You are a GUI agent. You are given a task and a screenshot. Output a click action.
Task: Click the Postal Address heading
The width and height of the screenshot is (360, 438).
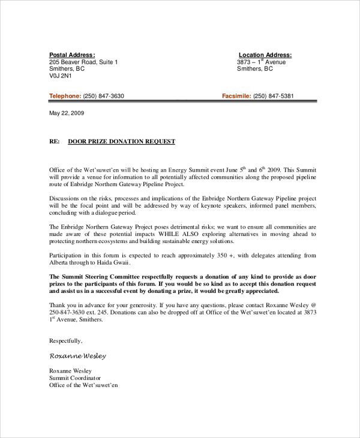pos(71,55)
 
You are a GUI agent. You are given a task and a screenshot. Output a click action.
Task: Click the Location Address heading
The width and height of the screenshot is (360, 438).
pos(265,55)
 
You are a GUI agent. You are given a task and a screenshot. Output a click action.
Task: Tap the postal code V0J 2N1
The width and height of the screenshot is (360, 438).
pos(61,76)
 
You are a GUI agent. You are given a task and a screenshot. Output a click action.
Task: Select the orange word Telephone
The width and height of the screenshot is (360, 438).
pos(65,96)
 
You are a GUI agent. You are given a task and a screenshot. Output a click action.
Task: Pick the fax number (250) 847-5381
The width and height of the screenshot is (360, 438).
pos(274,96)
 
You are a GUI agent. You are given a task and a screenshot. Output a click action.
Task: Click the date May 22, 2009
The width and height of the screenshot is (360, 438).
pos(67,113)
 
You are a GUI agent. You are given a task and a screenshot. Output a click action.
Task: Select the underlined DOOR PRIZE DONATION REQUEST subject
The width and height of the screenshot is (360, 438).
pos(122,142)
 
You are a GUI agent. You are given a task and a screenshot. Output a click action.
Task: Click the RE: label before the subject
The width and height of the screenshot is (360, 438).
pos(55,142)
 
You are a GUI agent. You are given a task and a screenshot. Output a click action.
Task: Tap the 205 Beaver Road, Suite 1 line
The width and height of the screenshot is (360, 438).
pos(83,62)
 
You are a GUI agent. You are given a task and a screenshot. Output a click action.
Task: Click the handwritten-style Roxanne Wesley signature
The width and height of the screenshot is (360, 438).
pos(77,356)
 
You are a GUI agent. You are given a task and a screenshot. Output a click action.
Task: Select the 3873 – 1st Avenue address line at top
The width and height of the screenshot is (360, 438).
pos(262,62)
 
